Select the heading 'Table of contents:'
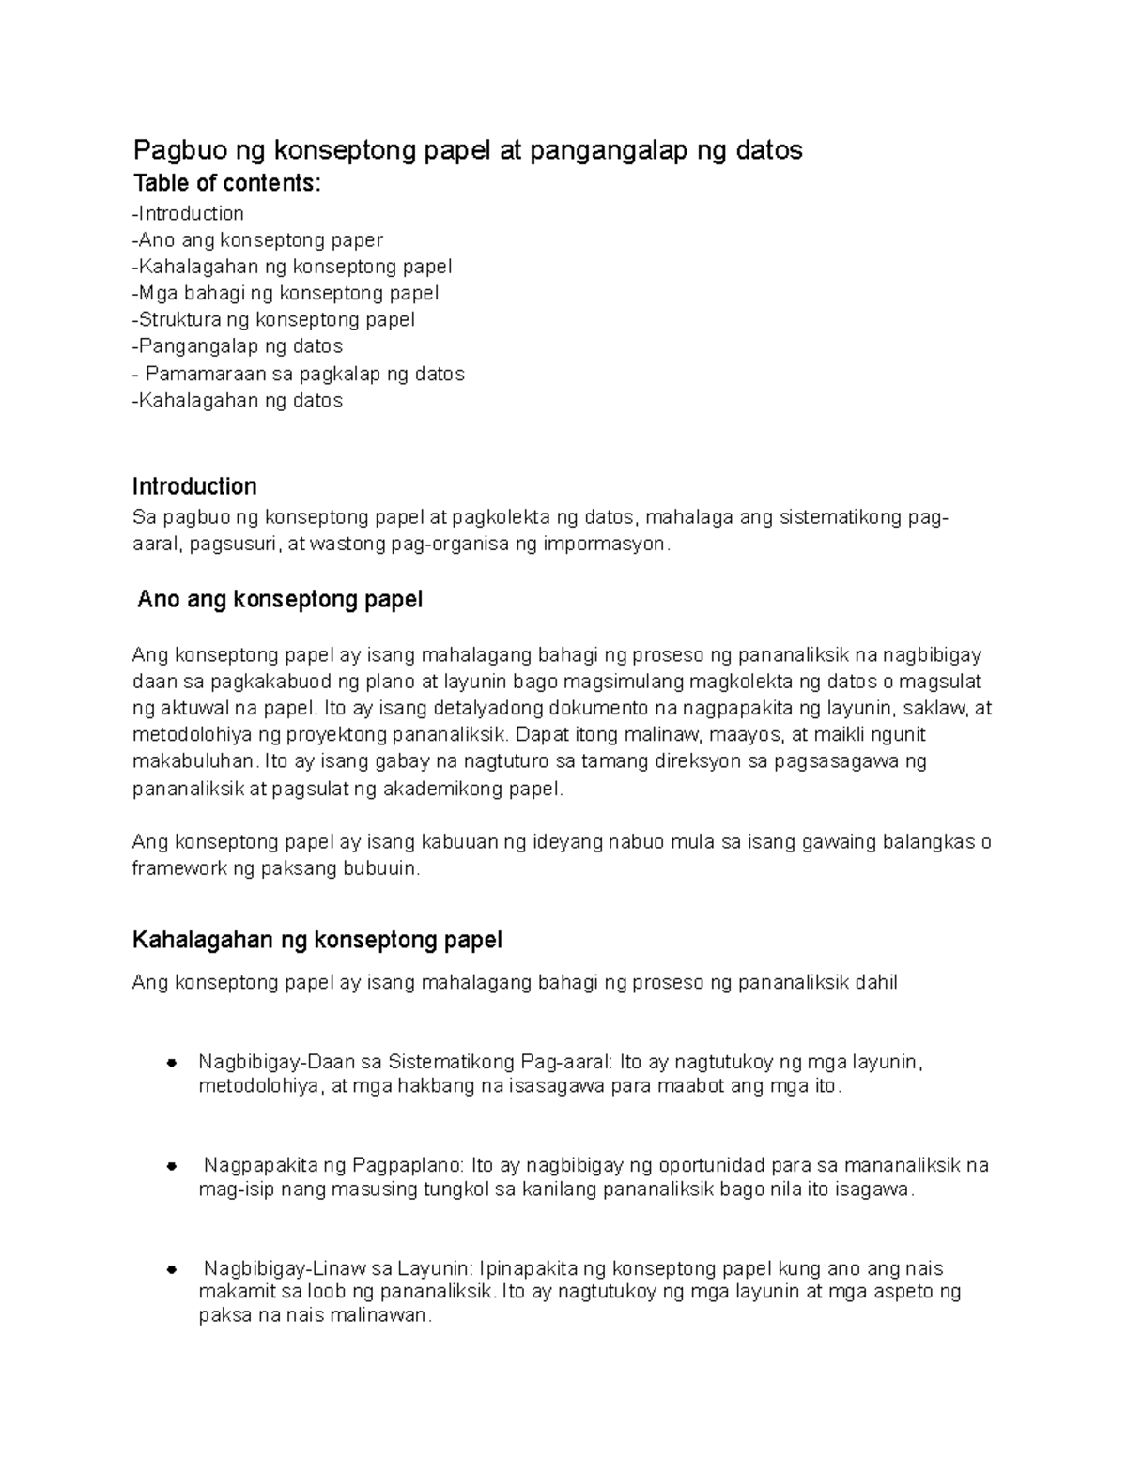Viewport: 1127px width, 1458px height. click(226, 183)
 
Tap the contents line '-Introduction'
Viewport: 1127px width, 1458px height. click(189, 213)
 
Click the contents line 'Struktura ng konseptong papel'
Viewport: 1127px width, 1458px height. click(274, 319)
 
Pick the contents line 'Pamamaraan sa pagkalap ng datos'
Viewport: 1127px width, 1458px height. click(304, 374)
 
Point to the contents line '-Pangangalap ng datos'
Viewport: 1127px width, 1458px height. click(238, 346)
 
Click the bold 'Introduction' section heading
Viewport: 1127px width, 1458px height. click(194, 486)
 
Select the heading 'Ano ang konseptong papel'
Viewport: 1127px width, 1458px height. click(280, 599)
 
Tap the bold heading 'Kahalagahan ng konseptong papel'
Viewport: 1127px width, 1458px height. click(317, 940)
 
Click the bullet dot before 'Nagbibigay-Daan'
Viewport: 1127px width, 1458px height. click(172, 1064)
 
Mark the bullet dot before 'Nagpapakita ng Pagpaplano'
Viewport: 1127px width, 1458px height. click(172, 1166)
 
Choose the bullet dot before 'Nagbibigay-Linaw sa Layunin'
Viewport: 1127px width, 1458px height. click(172, 1270)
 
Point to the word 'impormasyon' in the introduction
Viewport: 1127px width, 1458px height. click(606, 544)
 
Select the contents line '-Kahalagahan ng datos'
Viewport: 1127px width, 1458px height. click(238, 400)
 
